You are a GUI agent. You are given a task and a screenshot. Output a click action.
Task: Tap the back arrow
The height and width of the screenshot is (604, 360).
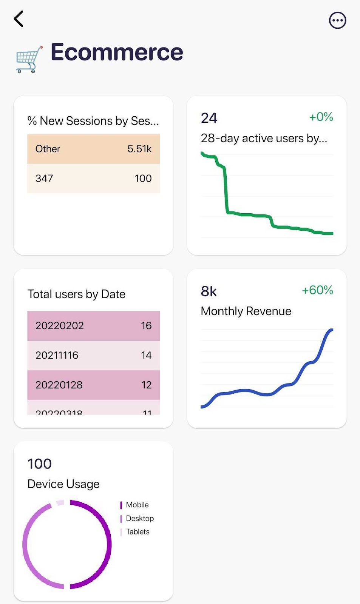19,19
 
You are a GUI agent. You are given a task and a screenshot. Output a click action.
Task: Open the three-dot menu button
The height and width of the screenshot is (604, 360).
337,20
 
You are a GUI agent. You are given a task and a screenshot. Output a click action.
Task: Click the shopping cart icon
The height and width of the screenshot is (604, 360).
28,59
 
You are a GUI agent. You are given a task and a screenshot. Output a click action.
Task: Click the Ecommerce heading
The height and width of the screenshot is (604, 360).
117,52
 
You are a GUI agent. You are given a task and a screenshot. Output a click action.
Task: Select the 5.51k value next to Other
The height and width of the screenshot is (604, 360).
139,149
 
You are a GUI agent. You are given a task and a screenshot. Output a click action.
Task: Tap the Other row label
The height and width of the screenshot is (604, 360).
48,149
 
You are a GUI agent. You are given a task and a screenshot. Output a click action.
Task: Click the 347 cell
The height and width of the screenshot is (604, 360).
44,178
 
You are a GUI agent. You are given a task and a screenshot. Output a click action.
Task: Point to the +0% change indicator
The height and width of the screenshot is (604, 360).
321,117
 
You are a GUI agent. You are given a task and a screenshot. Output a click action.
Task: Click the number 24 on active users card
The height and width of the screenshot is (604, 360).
209,118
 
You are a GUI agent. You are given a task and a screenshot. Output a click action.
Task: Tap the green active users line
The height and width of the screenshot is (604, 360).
226,189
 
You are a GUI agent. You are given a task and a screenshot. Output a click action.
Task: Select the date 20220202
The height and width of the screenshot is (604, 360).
59,325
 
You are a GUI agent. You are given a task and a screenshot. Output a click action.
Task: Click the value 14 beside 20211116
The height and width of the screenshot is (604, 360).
146,355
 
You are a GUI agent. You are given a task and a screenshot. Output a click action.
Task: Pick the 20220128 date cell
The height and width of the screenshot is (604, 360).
59,385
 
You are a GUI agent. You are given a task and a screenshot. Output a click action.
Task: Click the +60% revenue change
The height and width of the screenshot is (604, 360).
317,290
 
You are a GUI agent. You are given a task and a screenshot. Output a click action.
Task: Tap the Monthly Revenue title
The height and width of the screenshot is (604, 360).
246,311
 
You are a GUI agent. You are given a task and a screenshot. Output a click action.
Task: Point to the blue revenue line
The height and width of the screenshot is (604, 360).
246,391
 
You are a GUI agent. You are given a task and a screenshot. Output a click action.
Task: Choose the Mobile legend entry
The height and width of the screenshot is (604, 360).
137,505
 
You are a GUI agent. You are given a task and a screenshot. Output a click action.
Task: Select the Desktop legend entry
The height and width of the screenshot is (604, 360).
139,518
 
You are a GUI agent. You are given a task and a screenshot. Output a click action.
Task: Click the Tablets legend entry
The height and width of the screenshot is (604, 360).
138,532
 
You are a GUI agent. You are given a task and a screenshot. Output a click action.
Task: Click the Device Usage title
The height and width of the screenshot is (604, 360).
63,484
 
